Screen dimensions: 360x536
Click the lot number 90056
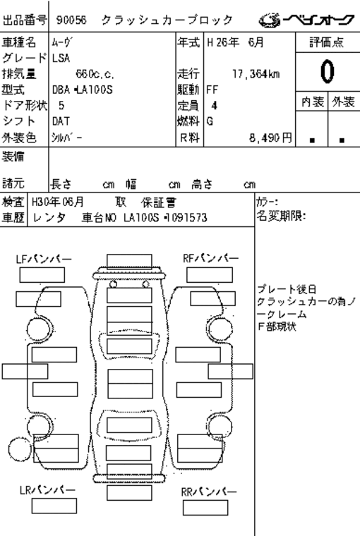71,20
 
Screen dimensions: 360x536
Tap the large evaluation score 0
327,71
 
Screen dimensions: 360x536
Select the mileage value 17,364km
256,74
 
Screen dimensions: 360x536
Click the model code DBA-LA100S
82,90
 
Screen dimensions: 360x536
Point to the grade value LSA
61,58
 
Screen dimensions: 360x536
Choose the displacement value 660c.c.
95,74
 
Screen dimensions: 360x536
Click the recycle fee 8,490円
270,138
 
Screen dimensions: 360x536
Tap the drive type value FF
212,90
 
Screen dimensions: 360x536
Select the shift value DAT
61,121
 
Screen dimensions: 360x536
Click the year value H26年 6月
235,42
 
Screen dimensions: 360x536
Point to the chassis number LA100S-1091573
165,217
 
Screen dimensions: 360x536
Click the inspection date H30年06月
57,202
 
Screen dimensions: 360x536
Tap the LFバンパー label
44,259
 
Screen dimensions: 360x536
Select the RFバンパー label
210,258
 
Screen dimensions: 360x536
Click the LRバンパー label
47,490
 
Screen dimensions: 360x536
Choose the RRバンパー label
209,492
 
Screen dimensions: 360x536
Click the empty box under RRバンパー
205,508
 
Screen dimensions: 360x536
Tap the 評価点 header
327,42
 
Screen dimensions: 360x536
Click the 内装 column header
313,102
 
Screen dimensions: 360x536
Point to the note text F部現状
277,327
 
